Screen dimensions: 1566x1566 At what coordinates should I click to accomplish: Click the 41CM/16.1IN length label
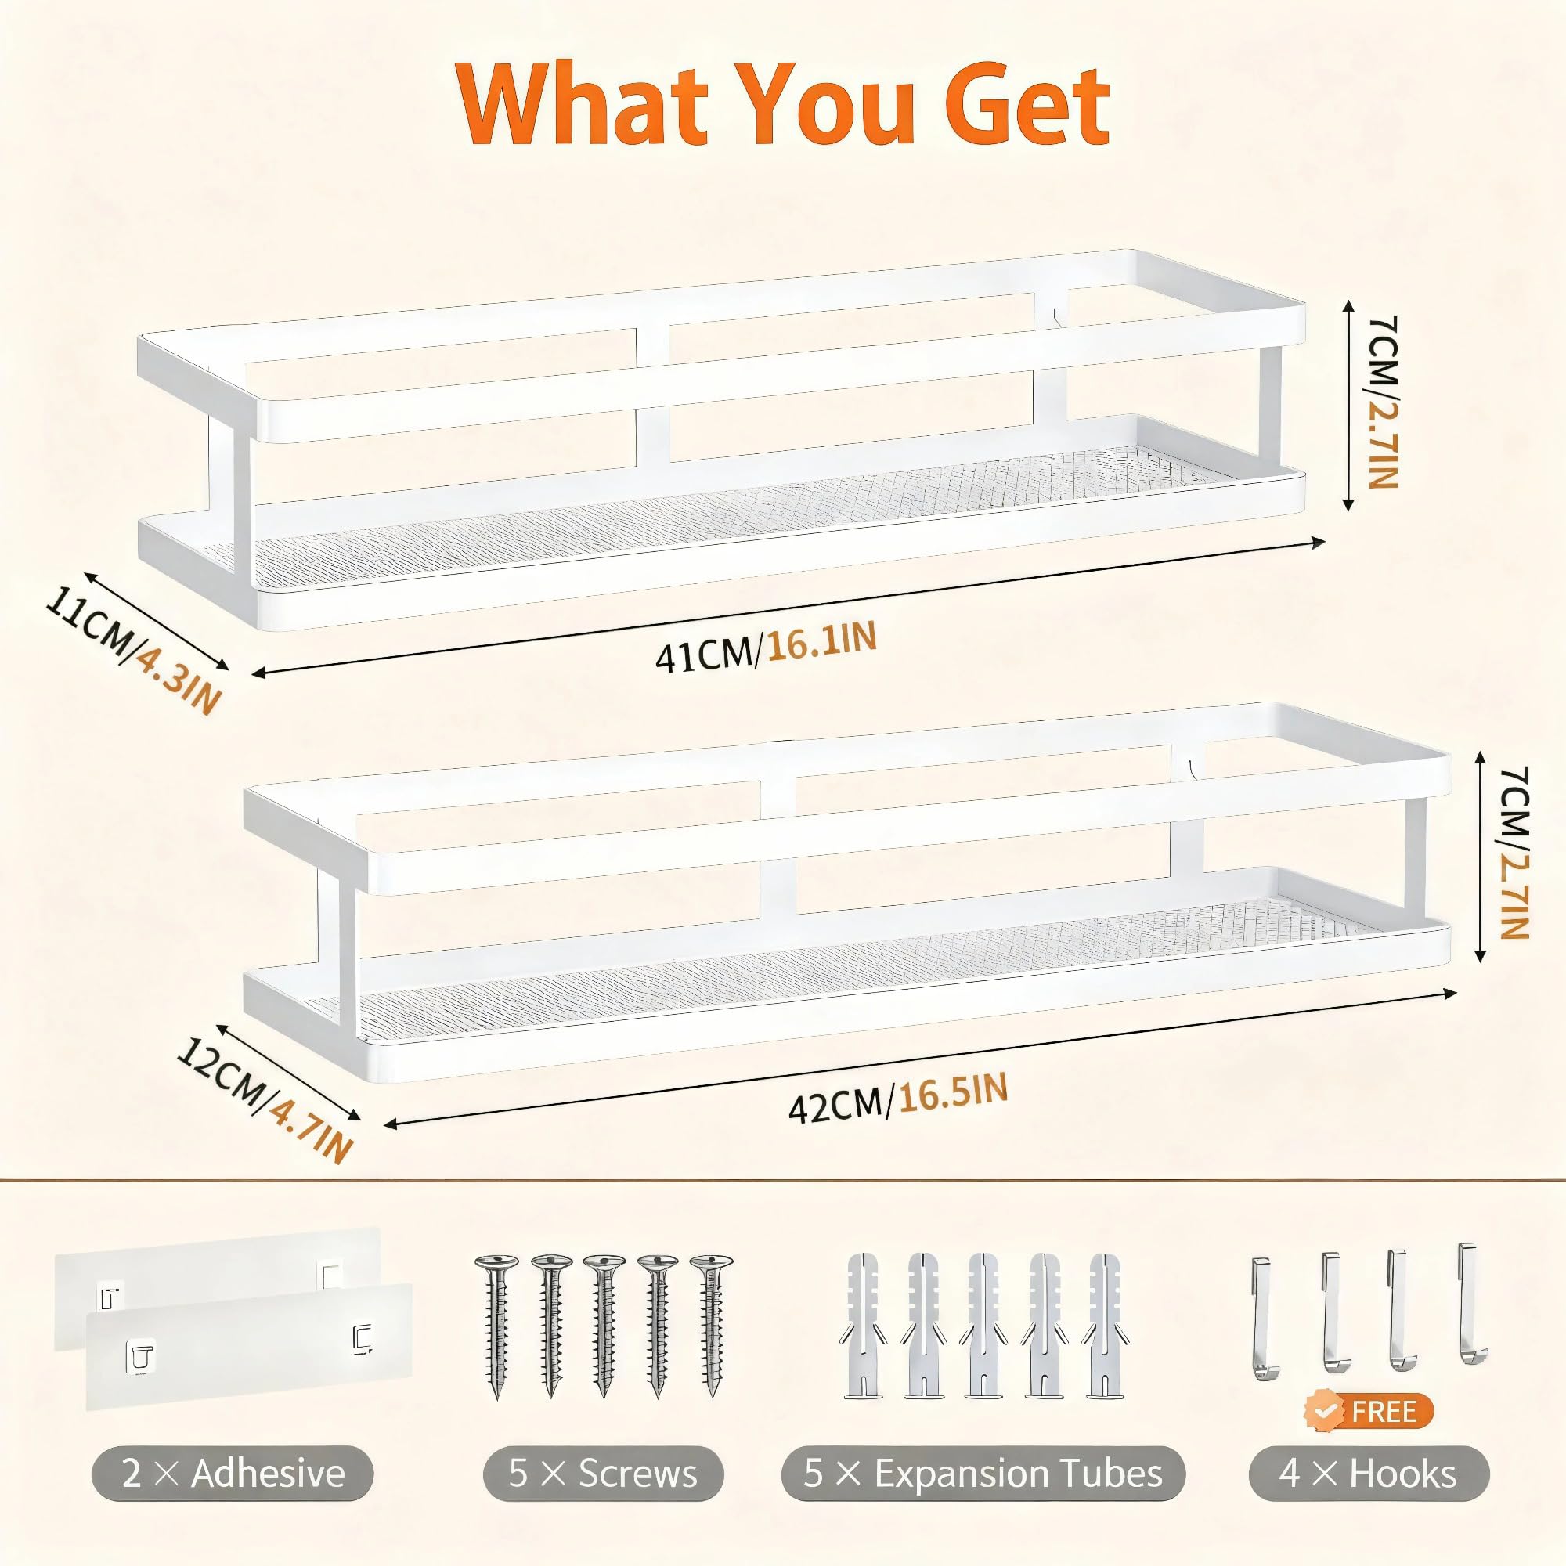tap(766, 647)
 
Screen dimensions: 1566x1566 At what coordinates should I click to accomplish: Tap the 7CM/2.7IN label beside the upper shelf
tap(1381, 400)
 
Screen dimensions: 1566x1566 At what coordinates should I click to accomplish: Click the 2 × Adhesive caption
tap(233, 1473)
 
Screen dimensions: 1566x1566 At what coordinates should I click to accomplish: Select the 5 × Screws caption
tap(603, 1473)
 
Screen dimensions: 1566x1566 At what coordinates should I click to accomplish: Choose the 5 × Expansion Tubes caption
tap(983, 1473)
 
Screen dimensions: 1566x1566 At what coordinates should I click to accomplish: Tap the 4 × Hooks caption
tap(1369, 1473)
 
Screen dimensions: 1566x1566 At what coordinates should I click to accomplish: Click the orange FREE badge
tap(1369, 1411)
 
